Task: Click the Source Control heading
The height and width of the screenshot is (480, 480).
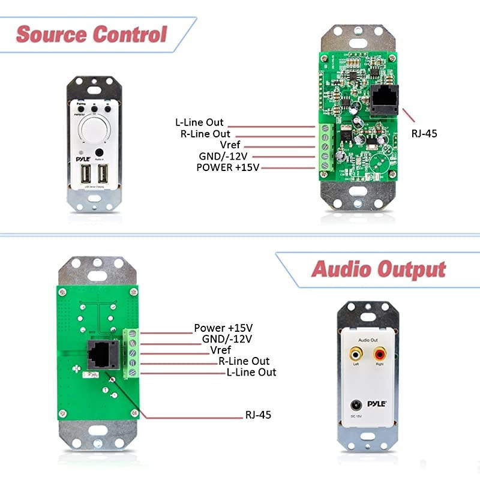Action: click(x=91, y=34)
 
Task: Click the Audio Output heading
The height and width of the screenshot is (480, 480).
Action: click(x=379, y=269)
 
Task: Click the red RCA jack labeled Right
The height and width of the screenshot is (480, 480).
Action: click(x=379, y=356)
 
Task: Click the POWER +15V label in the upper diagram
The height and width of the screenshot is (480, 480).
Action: click(x=227, y=167)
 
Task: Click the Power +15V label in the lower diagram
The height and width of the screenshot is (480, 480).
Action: click(x=223, y=328)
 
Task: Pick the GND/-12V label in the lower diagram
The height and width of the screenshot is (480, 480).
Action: click(x=227, y=339)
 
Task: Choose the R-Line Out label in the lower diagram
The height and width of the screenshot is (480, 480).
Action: click(x=244, y=361)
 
